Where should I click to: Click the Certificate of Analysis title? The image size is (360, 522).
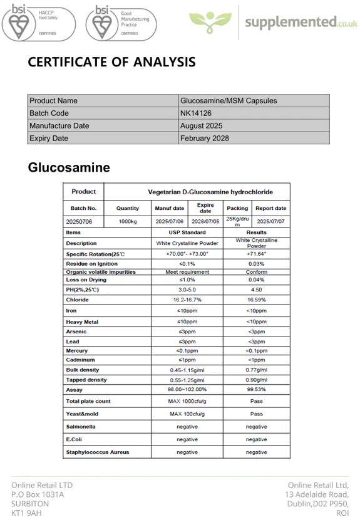coord(111,62)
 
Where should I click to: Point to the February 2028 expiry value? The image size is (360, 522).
coord(205,138)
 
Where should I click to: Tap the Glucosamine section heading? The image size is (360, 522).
coord(69,167)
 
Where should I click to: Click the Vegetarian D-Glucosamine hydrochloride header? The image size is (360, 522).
coord(210,192)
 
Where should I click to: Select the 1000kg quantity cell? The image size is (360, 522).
coord(128,221)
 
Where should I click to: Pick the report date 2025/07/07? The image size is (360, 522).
coord(270,221)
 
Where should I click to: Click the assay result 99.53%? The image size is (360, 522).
coord(256,389)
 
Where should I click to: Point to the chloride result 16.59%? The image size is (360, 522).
coord(256,300)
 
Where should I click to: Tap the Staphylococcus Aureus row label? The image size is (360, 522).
coord(98,452)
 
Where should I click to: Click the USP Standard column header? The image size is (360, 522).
coord(187,232)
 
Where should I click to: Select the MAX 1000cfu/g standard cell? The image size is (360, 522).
coord(187,401)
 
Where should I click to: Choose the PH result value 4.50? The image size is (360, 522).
coord(256,290)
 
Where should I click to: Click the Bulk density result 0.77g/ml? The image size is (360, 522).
coord(256,370)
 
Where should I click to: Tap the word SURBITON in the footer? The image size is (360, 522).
coord(30,503)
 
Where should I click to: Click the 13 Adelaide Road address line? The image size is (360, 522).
coord(317,494)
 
